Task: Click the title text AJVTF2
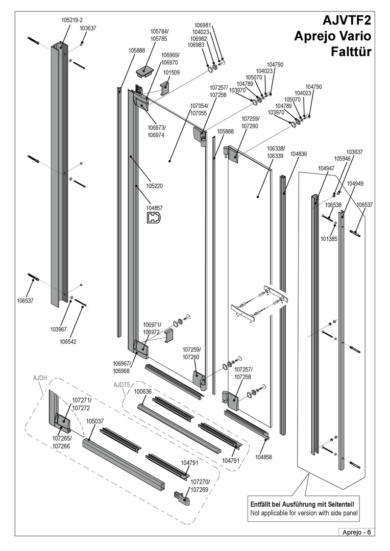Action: (347, 21)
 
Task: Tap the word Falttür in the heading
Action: (351, 52)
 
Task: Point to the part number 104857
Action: (154, 208)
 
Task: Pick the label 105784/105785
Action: (159, 35)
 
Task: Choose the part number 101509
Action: (172, 72)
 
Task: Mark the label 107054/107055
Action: (199, 109)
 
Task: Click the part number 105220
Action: (154, 186)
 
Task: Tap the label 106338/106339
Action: (275, 152)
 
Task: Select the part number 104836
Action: (298, 154)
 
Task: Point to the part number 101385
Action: (329, 238)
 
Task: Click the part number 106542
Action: (68, 342)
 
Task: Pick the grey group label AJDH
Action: (40, 378)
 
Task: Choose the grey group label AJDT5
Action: (121, 385)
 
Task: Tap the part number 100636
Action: (143, 392)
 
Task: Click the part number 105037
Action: (95, 421)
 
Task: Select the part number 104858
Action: (264, 457)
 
